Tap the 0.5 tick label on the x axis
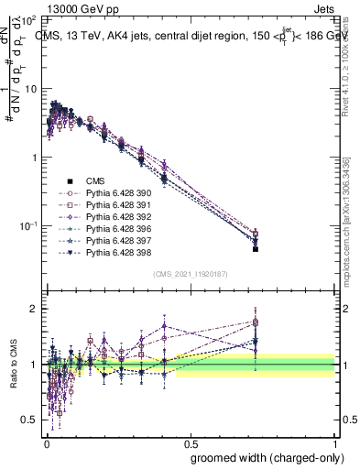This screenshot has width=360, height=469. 191,442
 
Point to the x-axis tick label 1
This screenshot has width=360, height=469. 335,442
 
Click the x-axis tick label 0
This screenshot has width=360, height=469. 47,442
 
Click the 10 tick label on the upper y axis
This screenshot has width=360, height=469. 28,89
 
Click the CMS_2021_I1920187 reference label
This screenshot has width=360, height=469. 190,273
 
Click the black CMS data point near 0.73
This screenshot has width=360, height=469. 256,248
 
